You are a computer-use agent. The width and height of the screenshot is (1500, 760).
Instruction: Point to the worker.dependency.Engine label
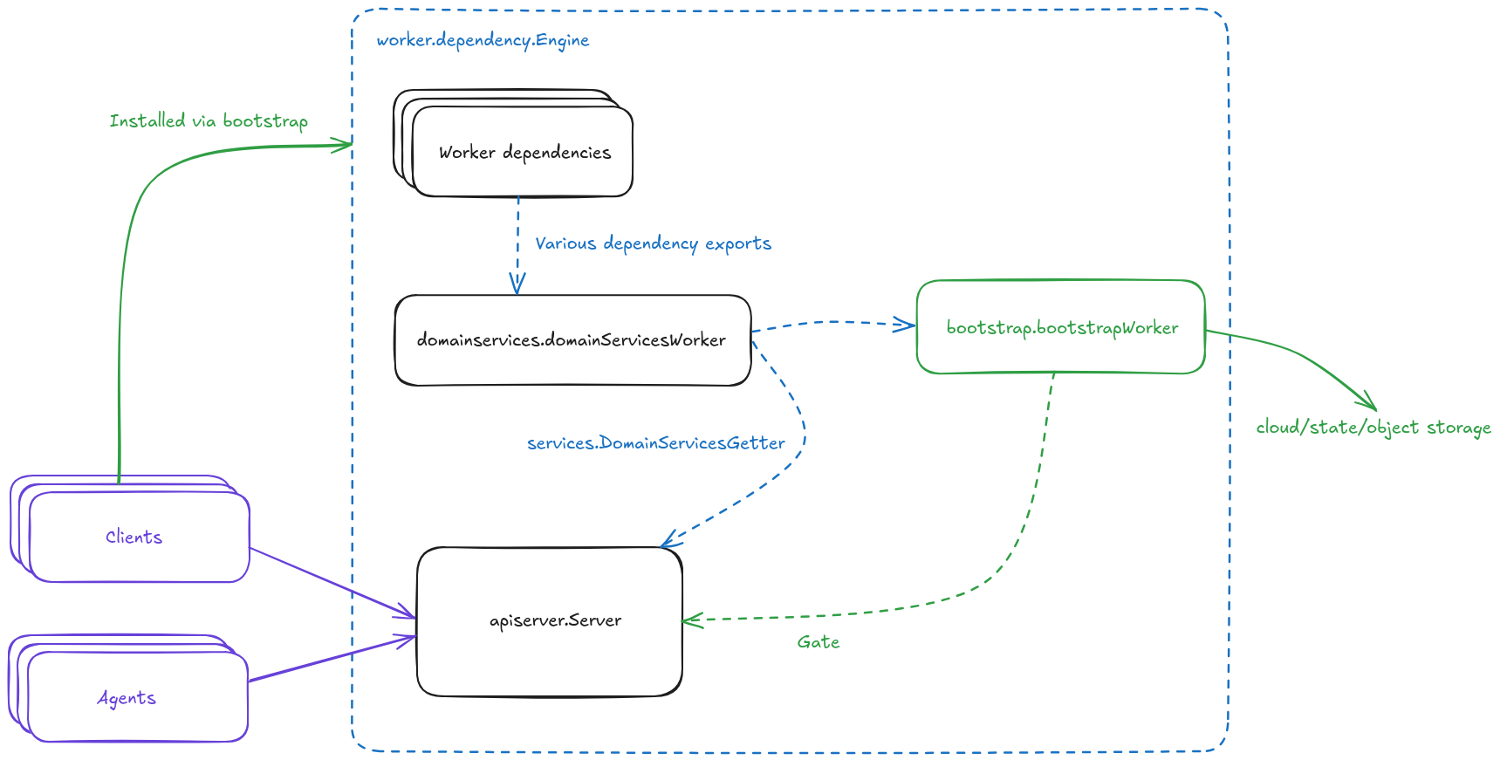tap(483, 40)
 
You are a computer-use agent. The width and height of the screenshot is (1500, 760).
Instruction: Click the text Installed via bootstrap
tap(209, 120)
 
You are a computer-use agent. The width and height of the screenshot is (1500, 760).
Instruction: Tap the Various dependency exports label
tap(653, 243)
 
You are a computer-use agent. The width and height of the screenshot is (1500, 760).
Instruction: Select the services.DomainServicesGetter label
tap(655, 443)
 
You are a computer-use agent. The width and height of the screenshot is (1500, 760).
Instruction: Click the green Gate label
tap(818, 642)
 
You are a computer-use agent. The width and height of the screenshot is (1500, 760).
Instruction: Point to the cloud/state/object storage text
tap(1373, 428)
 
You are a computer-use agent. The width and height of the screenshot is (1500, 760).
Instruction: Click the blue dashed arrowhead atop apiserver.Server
tap(668, 542)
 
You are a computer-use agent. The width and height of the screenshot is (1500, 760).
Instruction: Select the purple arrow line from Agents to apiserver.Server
tap(332, 659)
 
